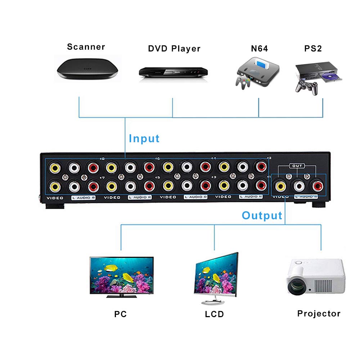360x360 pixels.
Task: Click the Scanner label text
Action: [86, 47]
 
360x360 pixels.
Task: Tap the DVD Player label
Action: [174, 49]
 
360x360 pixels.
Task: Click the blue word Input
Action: [144, 139]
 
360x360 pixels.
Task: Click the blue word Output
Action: [262, 216]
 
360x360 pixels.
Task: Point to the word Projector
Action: [319, 314]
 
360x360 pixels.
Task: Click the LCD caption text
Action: [214, 314]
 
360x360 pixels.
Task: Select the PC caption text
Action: [120, 314]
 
